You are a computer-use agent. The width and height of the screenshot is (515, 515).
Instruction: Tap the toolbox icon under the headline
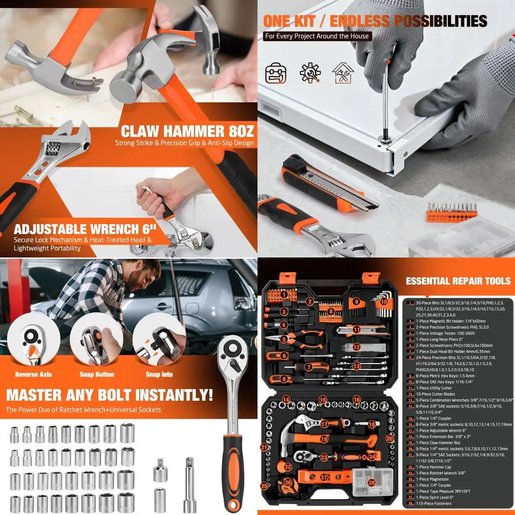pyautogui.click(x=276, y=73)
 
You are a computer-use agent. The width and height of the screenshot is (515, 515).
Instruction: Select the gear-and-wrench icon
pyautogui.click(x=310, y=73)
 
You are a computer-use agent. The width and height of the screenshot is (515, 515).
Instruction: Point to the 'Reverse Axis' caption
pyautogui.click(x=33, y=374)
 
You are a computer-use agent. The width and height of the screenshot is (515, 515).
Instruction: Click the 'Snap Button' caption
pyautogui.click(x=96, y=374)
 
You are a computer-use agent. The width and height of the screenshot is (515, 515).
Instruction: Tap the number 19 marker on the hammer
pyautogui.click(x=324, y=439)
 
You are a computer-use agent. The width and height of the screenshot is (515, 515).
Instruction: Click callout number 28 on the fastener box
pyautogui.click(x=372, y=483)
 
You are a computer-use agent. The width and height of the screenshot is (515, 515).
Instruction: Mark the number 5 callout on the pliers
pyautogui.click(x=284, y=339)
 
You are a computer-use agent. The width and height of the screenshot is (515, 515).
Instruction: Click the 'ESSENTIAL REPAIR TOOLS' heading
pyautogui.click(x=458, y=281)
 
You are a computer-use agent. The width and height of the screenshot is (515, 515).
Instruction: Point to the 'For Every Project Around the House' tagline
pyautogui.click(x=317, y=36)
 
